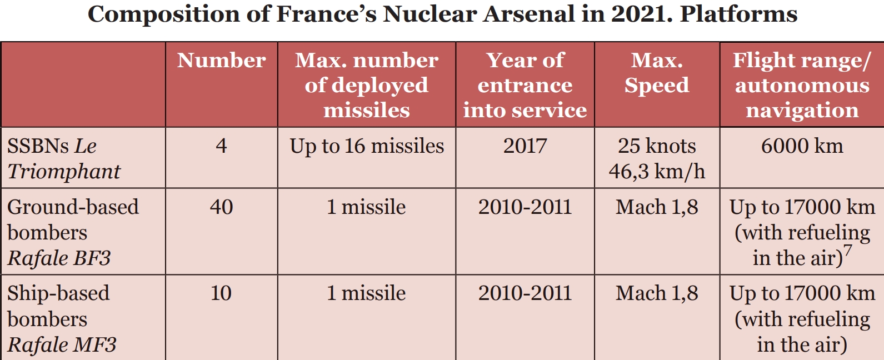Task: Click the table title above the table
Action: tap(442, 14)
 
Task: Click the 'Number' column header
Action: tap(221, 60)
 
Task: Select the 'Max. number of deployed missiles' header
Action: tap(367, 85)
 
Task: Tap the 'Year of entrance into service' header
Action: tap(525, 85)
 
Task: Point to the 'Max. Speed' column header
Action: tap(657, 73)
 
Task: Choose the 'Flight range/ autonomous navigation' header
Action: tap(802, 85)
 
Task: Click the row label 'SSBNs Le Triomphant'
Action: tap(64, 158)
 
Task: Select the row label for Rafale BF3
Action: tap(73, 232)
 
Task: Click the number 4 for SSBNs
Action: tap(221, 146)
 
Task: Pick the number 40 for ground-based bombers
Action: tap(221, 207)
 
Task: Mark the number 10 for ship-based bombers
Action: tap(221, 293)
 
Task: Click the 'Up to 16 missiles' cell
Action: tap(367, 146)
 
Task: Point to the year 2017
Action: tap(525, 146)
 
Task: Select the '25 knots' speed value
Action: tap(657, 146)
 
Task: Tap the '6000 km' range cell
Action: tap(802, 146)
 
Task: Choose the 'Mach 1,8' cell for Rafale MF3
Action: tap(657, 293)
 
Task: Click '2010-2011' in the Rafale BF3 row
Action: tap(525, 207)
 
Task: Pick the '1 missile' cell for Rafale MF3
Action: tap(367, 293)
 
